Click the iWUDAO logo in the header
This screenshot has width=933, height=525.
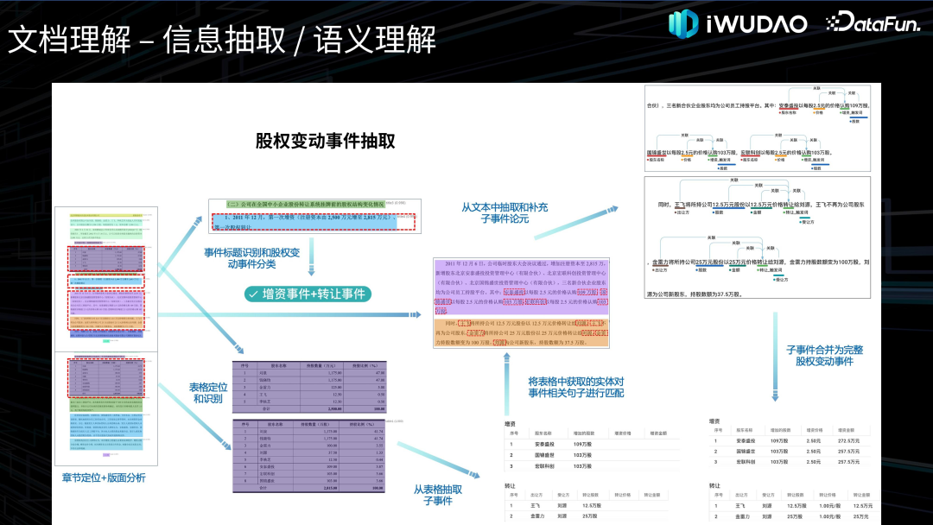[738, 22]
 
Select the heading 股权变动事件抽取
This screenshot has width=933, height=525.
[325, 141]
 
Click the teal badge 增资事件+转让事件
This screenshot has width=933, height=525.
[308, 294]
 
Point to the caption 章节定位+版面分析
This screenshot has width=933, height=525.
[103, 478]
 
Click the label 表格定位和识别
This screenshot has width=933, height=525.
[207, 394]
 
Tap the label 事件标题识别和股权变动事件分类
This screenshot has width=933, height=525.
[251, 258]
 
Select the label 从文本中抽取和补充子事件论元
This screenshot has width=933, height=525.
[505, 212]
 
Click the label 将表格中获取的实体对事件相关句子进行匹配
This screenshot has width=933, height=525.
[576, 387]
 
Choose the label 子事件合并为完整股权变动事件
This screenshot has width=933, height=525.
[824, 355]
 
